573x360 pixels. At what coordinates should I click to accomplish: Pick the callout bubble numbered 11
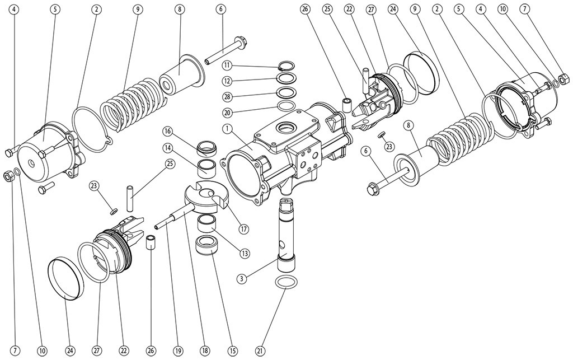pos(226,66)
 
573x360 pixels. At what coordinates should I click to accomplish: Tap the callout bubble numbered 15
pos(232,351)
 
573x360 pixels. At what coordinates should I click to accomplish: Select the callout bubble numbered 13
pos(245,253)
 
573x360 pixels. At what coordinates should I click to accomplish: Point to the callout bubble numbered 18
pos(205,351)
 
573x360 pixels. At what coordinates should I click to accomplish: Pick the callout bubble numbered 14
pos(167,148)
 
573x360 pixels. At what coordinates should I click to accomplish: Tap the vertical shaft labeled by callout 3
pos(288,230)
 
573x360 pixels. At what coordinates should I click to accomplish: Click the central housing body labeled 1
pos(280,151)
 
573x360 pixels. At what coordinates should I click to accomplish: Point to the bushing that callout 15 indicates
pos(207,245)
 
